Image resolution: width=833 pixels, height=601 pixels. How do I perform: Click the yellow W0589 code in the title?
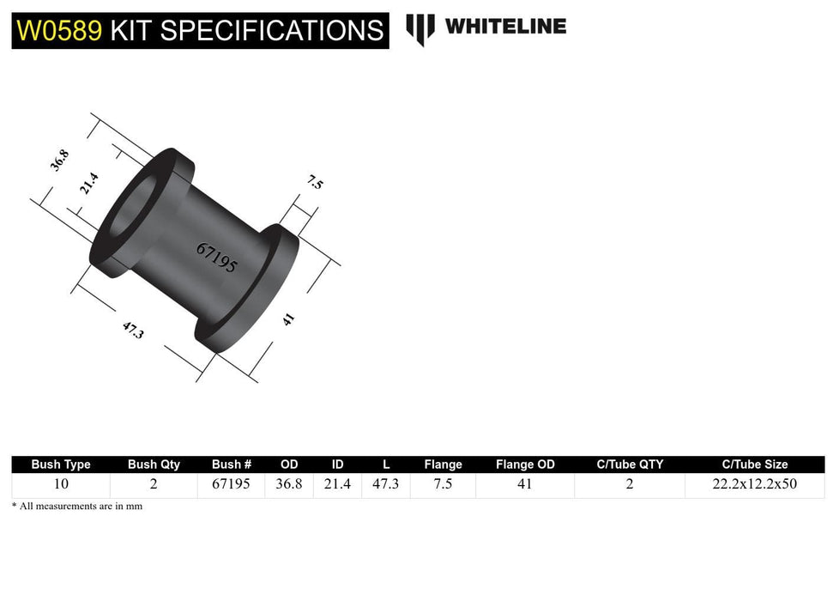pyautogui.click(x=57, y=31)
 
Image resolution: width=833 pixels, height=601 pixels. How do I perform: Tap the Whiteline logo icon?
pyautogui.click(x=420, y=28)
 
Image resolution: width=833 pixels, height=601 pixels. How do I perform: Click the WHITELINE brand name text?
pyautogui.click(x=505, y=27)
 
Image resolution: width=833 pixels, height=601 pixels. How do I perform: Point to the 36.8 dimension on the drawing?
pyautogui.click(x=59, y=161)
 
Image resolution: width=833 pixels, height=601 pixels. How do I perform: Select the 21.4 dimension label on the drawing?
pyautogui.click(x=89, y=184)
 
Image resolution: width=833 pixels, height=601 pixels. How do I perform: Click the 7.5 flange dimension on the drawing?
pyautogui.click(x=315, y=182)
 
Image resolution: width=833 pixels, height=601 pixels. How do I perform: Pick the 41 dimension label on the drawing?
pyautogui.click(x=289, y=319)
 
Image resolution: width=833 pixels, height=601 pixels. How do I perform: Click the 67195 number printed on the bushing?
pyautogui.click(x=216, y=258)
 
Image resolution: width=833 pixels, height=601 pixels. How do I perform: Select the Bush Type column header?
pyautogui.click(x=61, y=464)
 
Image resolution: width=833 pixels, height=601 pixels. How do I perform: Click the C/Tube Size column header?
pyautogui.click(x=754, y=464)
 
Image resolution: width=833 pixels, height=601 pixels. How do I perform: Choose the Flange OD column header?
pyautogui.click(x=525, y=464)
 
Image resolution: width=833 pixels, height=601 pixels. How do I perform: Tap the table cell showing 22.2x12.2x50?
pyautogui.click(x=754, y=484)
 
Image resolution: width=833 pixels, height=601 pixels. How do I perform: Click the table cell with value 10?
pyautogui.click(x=61, y=484)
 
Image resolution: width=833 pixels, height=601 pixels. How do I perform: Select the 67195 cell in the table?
pyautogui.click(x=231, y=484)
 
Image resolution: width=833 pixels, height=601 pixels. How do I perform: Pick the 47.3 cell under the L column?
pyautogui.click(x=386, y=484)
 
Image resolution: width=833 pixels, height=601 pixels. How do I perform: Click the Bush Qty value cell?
pyautogui.click(x=154, y=484)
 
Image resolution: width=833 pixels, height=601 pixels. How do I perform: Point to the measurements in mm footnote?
pyautogui.click(x=77, y=507)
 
